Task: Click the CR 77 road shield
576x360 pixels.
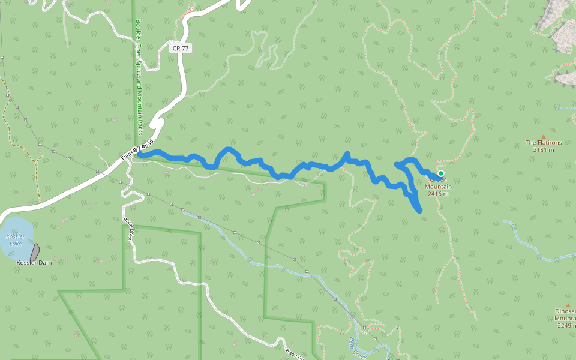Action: tap(181, 48)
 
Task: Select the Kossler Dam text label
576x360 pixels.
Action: tap(34, 263)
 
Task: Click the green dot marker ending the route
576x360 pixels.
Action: tap(441, 173)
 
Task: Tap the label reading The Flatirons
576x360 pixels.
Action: tap(543, 143)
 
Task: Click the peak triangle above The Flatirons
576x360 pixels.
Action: tap(544, 136)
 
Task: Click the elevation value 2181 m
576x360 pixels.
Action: tap(543, 150)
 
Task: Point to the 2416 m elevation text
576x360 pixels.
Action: tap(437, 194)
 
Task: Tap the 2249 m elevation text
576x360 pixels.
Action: tap(566, 325)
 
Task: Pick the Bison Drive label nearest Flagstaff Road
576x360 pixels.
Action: tap(128, 228)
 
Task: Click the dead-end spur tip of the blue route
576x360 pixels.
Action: tap(419, 211)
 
